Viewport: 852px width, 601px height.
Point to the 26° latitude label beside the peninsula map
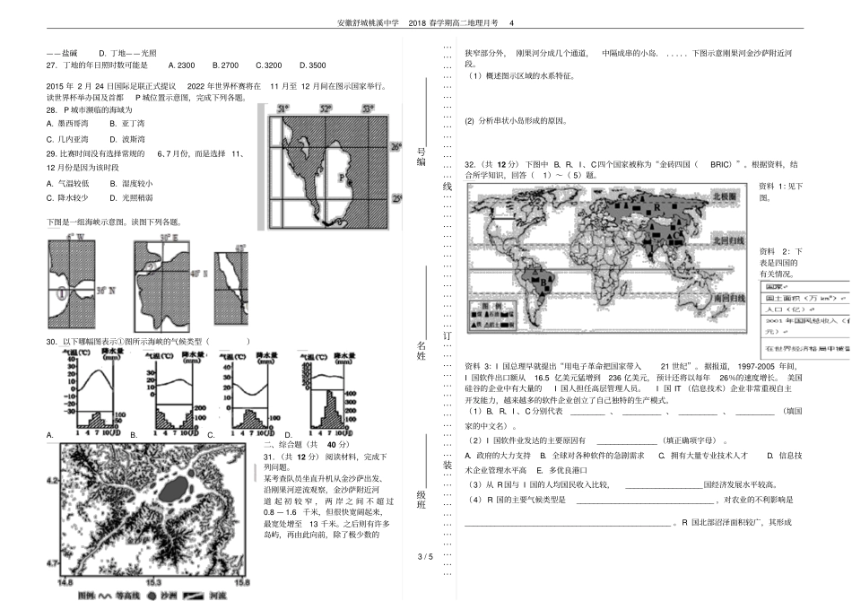pyautogui.click(x=396, y=144)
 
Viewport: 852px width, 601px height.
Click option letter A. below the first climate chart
pyautogui.click(x=49, y=434)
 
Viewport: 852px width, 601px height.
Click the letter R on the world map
pyautogui.click(x=657, y=205)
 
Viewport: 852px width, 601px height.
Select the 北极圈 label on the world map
pyautogui.click(x=723, y=195)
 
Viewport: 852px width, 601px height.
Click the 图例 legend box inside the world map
pyautogui.click(x=498, y=313)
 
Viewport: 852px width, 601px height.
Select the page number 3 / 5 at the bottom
pyautogui.click(x=425, y=556)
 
